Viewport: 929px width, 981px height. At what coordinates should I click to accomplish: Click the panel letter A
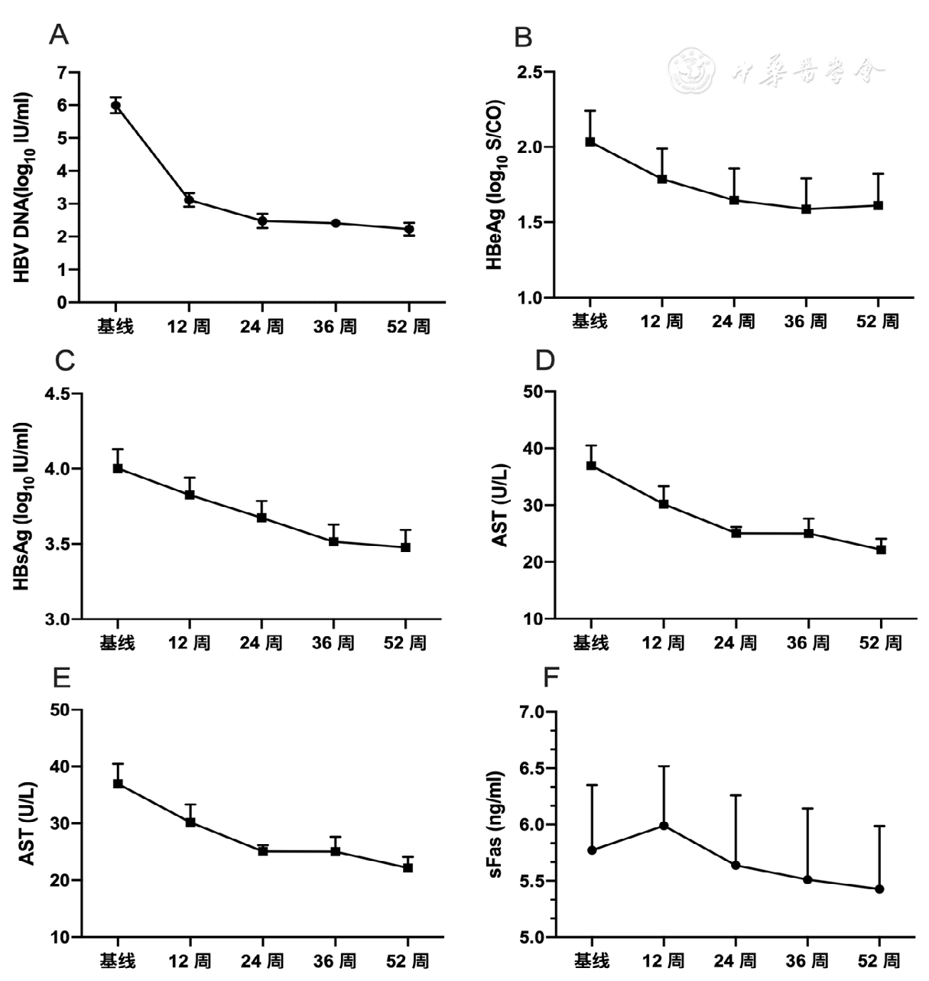(58, 34)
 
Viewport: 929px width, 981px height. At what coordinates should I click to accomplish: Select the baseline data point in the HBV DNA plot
(115, 106)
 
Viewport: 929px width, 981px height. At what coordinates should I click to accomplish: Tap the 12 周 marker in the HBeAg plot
(662, 179)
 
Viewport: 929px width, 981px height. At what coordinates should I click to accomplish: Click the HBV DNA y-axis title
(23, 188)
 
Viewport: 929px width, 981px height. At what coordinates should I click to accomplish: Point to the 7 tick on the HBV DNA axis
(62, 73)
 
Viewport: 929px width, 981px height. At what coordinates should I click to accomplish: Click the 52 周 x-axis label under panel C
(405, 642)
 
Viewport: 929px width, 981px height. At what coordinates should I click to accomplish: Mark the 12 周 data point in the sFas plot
(664, 826)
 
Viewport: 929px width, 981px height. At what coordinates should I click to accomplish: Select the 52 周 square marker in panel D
(881, 549)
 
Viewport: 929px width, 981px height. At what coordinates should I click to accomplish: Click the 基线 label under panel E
(117, 960)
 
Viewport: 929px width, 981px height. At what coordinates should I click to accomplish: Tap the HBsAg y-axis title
(23, 507)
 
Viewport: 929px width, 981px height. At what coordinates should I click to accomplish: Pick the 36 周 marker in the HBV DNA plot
(336, 223)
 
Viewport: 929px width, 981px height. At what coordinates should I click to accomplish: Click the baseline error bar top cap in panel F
(591, 784)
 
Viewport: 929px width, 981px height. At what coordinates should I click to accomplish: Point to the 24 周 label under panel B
(734, 321)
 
